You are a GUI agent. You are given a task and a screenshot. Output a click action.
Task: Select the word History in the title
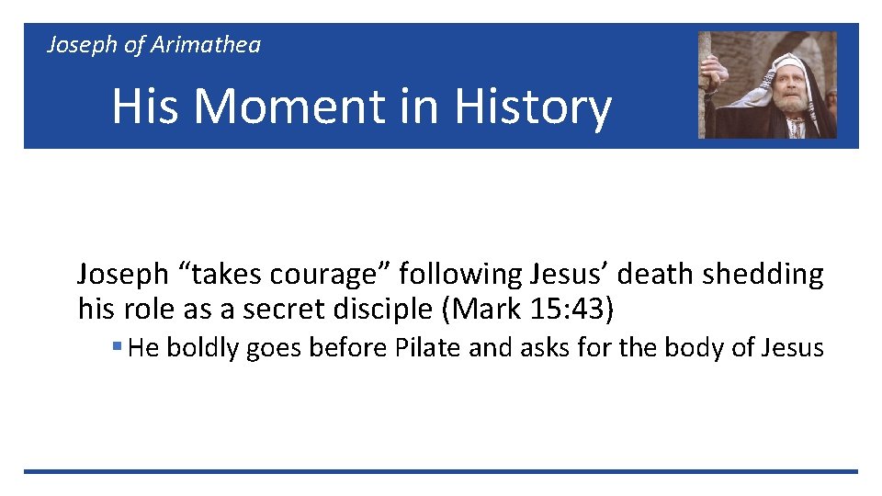click(533, 107)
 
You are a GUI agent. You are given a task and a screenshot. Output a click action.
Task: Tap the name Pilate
click(422, 348)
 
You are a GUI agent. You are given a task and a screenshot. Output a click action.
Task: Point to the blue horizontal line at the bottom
click(441, 472)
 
